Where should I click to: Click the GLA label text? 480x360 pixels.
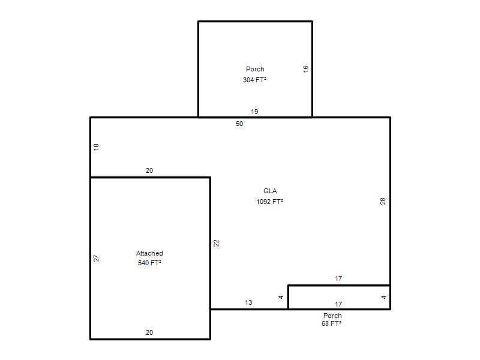(x=270, y=191)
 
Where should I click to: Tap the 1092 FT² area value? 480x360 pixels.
(x=269, y=202)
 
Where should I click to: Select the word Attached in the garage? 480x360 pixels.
(x=149, y=253)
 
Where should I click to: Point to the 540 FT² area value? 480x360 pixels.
(x=149, y=263)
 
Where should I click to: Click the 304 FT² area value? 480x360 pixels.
(x=254, y=80)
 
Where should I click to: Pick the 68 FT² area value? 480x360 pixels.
(x=331, y=323)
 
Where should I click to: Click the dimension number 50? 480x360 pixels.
(x=239, y=124)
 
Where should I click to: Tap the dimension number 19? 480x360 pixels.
(x=254, y=112)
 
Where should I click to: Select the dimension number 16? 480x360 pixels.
(x=305, y=69)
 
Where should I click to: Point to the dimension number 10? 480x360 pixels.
(x=96, y=147)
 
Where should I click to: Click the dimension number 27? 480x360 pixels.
(x=96, y=258)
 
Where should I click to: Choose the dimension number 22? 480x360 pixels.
(x=216, y=243)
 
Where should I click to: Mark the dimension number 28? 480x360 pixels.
(x=383, y=201)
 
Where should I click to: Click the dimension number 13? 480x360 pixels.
(x=248, y=302)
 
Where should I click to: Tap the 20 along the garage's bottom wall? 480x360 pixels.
(x=149, y=332)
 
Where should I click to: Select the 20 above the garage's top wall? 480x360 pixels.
(x=149, y=170)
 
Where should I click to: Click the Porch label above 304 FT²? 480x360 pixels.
(x=255, y=69)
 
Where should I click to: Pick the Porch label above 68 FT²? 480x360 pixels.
(x=332, y=316)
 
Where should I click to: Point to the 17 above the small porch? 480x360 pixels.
(x=338, y=278)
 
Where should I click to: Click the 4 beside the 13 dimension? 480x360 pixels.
(x=281, y=297)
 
